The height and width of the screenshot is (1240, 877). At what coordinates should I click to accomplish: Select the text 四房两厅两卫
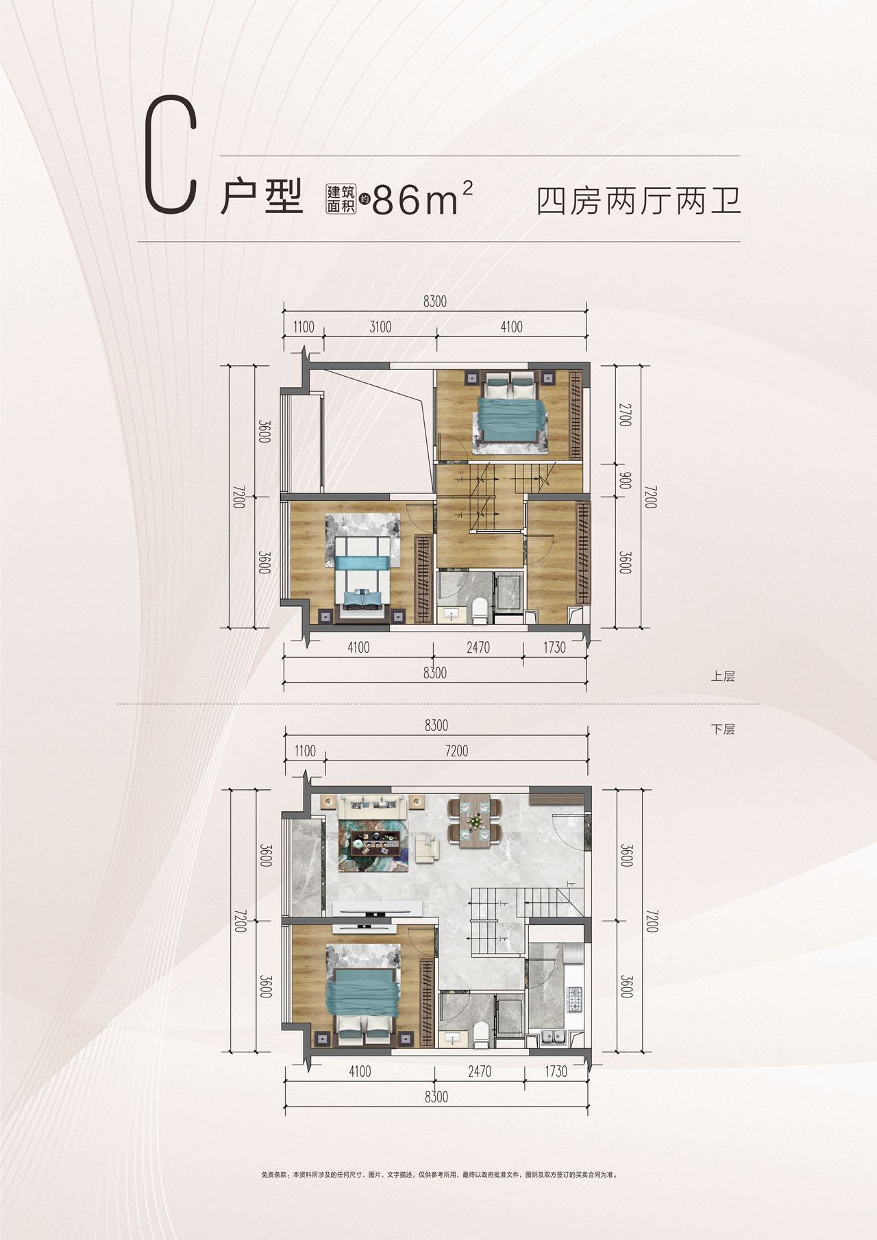point(639,201)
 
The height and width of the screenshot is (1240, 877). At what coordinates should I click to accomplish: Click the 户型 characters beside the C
point(262,199)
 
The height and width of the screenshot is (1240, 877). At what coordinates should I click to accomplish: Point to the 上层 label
point(723,676)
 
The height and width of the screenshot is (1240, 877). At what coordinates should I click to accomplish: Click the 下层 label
point(723,730)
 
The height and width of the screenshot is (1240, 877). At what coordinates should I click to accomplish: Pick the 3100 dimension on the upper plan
point(380,327)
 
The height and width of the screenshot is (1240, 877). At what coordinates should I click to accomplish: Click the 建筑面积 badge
point(341,199)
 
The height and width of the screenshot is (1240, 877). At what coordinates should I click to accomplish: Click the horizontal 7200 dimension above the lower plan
point(456,751)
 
